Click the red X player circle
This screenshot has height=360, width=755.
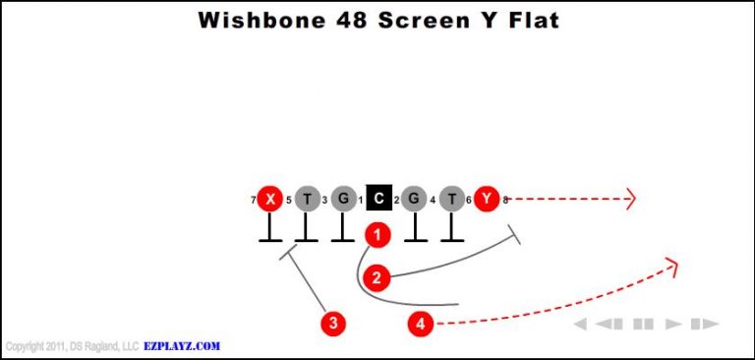(269, 200)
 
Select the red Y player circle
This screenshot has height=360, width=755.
(487, 200)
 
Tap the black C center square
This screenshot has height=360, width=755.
(378, 200)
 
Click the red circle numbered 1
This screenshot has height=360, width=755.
(377, 234)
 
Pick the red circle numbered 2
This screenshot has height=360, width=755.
(376, 276)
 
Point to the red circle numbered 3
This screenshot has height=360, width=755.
(334, 323)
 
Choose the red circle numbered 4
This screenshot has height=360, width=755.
(421, 323)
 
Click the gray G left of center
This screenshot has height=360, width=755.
(342, 200)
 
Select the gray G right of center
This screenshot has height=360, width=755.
(414, 200)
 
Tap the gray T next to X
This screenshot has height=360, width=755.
(307, 200)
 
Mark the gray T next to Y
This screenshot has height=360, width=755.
(450, 200)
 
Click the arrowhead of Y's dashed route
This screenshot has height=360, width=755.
(632, 200)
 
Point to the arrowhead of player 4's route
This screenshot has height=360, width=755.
(673, 263)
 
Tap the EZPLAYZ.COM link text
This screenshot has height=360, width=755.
(183, 346)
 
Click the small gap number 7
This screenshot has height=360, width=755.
(254, 201)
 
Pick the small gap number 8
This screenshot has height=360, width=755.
(505, 201)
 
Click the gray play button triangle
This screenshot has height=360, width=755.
(673, 324)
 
